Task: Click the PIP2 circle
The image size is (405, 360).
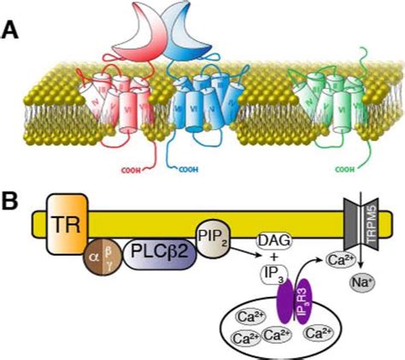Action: tap(213, 235)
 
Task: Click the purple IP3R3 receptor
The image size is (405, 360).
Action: tap(291, 306)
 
